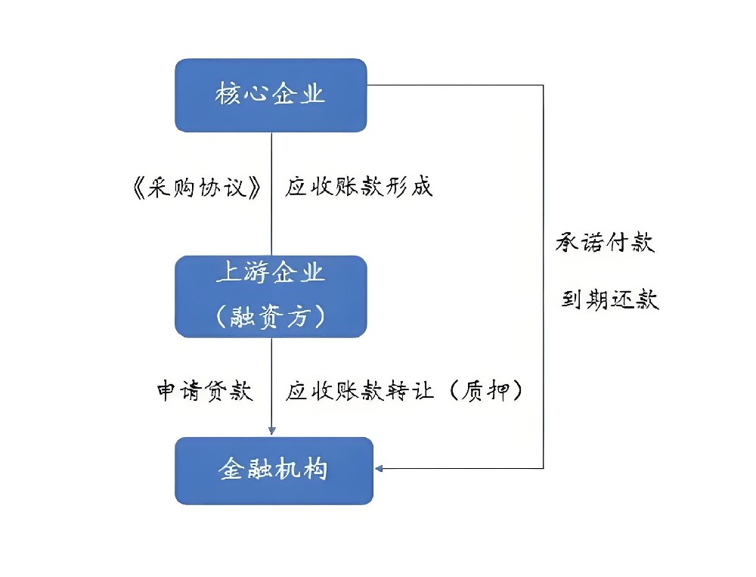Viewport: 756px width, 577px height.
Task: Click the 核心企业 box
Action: [271, 95]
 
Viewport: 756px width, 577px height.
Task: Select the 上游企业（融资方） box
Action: [271, 296]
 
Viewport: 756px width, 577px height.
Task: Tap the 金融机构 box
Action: [274, 470]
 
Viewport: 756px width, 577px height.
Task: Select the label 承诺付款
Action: [606, 243]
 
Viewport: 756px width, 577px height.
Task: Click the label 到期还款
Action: [610, 299]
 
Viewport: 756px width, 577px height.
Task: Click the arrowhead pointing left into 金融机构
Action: [380, 468]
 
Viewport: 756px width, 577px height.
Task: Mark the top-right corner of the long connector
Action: [544, 85]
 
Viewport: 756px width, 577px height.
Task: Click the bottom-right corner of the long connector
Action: [544, 468]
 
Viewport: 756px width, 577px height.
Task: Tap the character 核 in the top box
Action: [227, 95]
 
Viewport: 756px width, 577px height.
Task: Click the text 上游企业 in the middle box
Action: [271, 274]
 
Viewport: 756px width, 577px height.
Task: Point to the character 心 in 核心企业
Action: [256, 95]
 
